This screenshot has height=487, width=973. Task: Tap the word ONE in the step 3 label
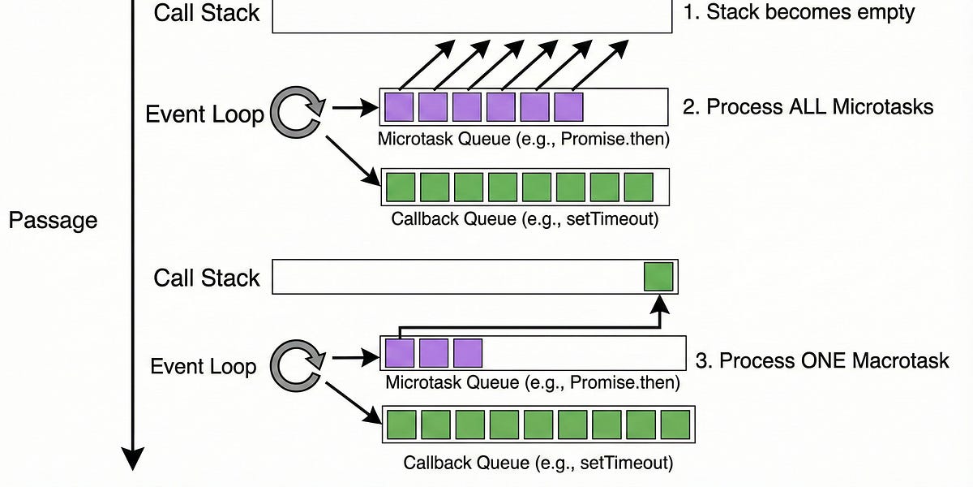pyautogui.click(x=824, y=360)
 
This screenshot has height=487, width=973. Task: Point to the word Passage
pyautogui.click(x=53, y=220)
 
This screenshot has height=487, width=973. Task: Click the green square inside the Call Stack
pyautogui.click(x=658, y=277)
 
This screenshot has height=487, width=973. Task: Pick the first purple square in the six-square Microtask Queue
pyautogui.click(x=399, y=106)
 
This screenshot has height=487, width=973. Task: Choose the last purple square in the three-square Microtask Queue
pyautogui.click(x=468, y=353)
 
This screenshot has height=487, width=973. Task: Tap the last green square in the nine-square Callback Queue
pyautogui.click(x=675, y=425)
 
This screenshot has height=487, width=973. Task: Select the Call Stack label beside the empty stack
pyautogui.click(x=207, y=13)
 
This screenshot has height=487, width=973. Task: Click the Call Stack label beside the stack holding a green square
pyautogui.click(x=207, y=278)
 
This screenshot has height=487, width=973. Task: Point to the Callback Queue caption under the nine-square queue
pyautogui.click(x=538, y=463)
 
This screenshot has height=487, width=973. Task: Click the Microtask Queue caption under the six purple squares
pyautogui.click(x=524, y=139)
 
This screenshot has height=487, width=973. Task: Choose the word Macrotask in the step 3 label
pyautogui.click(x=902, y=360)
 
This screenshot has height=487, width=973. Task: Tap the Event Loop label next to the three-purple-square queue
pyautogui.click(x=204, y=366)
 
